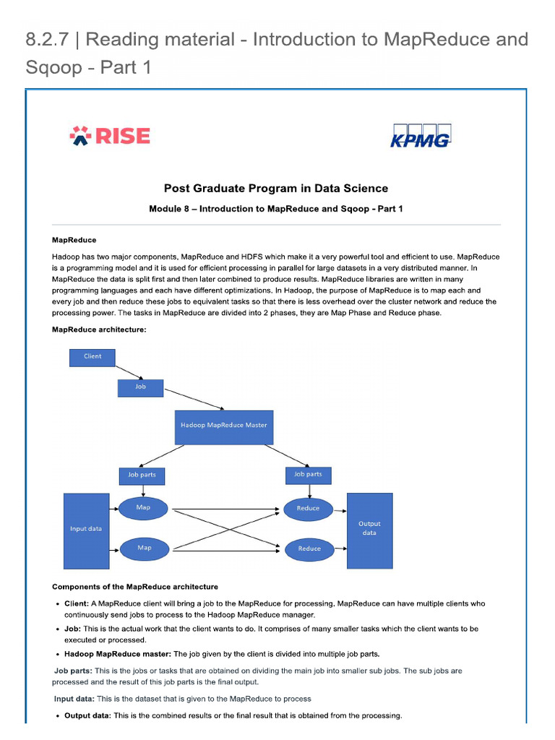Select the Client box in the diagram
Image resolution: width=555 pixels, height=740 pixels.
pyautogui.click(x=92, y=356)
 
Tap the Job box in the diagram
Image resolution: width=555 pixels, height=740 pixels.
pyautogui.click(x=140, y=387)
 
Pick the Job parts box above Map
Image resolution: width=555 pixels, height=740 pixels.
pyautogui.click(x=142, y=475)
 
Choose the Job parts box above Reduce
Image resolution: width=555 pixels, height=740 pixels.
pyautogui.click(x=308, y=475)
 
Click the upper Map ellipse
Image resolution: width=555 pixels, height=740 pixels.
pyautogui.click(x=143, y=508)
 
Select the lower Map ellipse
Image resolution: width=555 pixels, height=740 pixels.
pyautogui.click(x=144, y=548)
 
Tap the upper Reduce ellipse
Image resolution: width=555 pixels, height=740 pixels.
pyautogui.click(x=309, y=508)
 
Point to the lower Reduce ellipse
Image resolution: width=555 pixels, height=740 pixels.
pyautogui.click(x=309, y=548)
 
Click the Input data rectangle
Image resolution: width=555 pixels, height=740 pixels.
pyautogui.click(x=85, y=530)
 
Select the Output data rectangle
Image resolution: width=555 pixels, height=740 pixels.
pyautogui.click(x=369, y=530)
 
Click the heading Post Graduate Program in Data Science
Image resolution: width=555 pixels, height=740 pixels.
pyautogui.click(x=275, y=189)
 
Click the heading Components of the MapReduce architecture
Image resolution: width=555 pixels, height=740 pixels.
pyautogui.click(x=134, y=587)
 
